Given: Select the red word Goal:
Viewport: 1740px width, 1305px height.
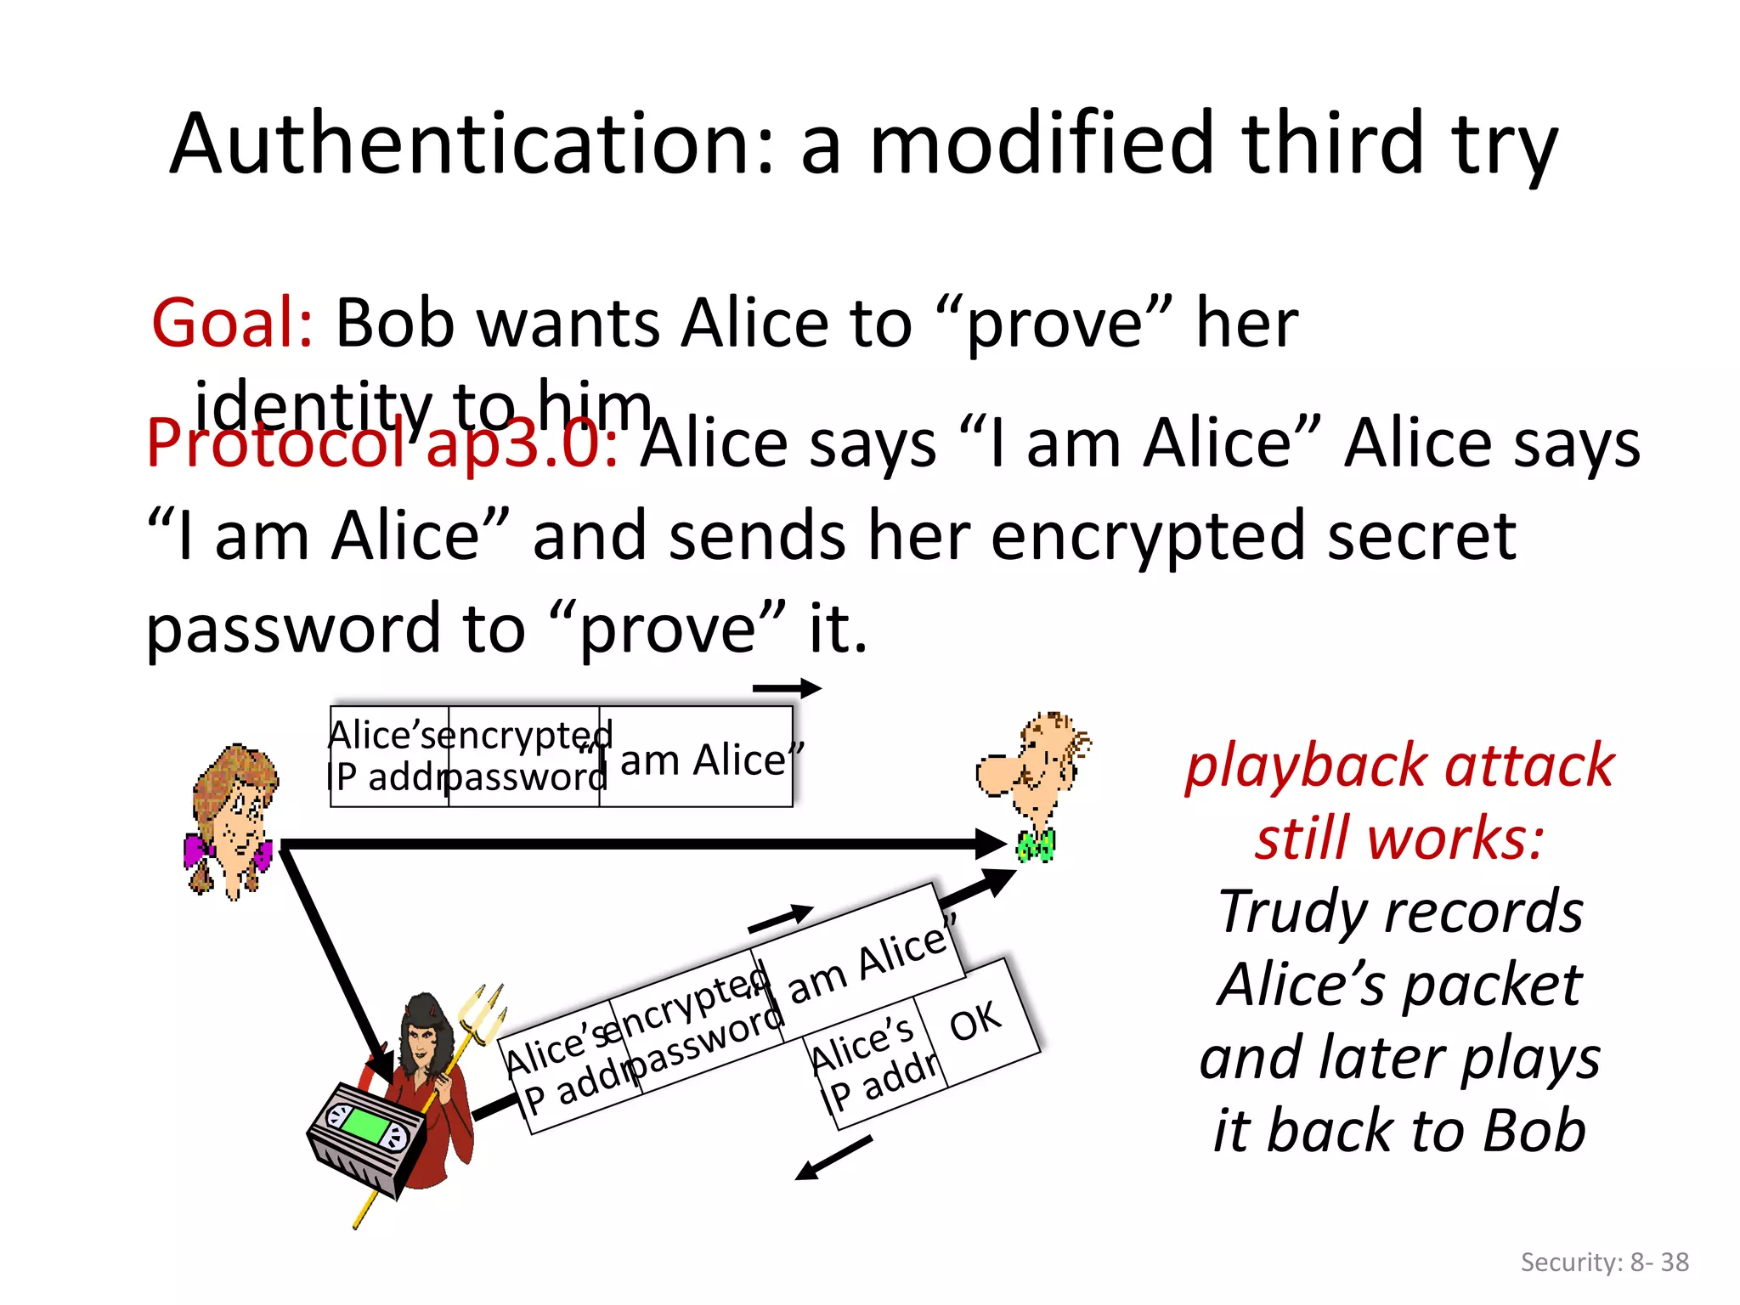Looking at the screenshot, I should point(232,324).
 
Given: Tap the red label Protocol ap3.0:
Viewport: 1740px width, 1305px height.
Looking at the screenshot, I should point(381,443).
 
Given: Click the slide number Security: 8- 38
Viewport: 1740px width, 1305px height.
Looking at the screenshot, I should point(1604,1262).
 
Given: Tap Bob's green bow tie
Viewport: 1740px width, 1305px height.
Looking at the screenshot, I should point(1037,845).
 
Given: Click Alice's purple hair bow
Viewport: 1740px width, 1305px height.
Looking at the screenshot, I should point(199,850).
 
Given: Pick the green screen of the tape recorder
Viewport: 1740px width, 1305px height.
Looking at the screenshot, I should point(365,1125).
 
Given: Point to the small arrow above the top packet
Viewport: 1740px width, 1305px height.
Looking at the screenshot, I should point(787,688).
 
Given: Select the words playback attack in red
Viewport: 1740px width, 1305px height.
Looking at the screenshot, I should point(1399,766).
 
